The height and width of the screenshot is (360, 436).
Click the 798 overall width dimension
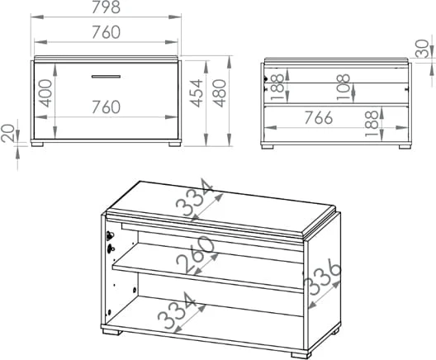(x=106, y=7)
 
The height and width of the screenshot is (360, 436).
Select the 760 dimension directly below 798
(x=106, y=32)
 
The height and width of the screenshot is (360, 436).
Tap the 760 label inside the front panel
(x=106, y=107)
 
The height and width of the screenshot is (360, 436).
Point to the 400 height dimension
(x=45, y=93)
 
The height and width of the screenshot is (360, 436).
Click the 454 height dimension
(x=197, y=93)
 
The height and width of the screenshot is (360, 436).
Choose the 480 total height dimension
(x=220, y=93)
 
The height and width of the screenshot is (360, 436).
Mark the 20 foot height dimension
(x=7, y=134)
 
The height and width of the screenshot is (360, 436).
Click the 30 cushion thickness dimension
(x=423, y=49)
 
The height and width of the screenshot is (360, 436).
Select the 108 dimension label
(x=344, y=87)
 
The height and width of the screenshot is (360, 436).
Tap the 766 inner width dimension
(x=319, y=117)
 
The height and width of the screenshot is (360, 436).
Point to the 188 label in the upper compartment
(x=277, y=87)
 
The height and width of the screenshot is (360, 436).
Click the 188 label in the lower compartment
(x=372, y=124)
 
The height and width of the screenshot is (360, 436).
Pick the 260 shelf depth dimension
(x=196, y=254)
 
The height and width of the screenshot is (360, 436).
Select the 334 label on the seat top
(x=194, y=197)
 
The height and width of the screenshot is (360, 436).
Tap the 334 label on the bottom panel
(x=177, y=310)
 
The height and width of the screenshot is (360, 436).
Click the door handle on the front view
(x=106, y=77)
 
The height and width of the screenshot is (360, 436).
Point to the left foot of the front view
(x=37, y=144)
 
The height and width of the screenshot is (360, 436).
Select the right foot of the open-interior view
(x=405, y=147)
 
